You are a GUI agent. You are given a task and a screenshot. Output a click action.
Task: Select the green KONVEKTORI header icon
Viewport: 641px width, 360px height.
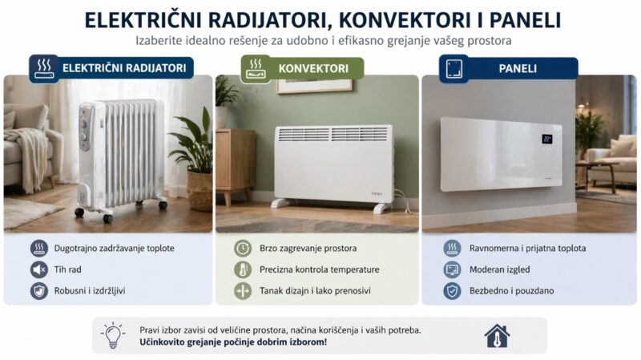click(256, 68)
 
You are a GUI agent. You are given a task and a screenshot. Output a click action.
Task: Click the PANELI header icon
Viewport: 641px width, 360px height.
click(454, 68)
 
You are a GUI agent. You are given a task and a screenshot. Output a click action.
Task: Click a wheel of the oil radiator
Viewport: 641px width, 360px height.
click(107, 217)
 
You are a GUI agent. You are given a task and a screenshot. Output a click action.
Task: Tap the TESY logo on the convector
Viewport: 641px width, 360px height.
click(376, 192)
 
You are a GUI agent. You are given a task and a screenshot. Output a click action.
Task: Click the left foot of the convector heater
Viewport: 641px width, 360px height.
click(282, 204)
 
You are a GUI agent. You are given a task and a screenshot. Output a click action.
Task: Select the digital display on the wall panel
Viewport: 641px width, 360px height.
click(547, 139)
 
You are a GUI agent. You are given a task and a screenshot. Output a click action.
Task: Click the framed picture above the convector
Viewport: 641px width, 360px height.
click(314, 84)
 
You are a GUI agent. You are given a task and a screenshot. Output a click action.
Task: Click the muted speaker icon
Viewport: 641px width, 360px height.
click(38, 269)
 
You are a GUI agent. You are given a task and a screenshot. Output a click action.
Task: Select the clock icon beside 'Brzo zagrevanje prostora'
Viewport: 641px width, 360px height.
click(242, 249)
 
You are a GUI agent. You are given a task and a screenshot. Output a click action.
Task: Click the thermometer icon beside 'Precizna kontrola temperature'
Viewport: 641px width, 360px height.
click(242, 270)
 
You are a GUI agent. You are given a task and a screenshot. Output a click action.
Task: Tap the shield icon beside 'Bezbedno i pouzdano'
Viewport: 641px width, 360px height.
click(453, 291)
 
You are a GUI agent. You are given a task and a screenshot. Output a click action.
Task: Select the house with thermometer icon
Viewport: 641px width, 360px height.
click(497, 335)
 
